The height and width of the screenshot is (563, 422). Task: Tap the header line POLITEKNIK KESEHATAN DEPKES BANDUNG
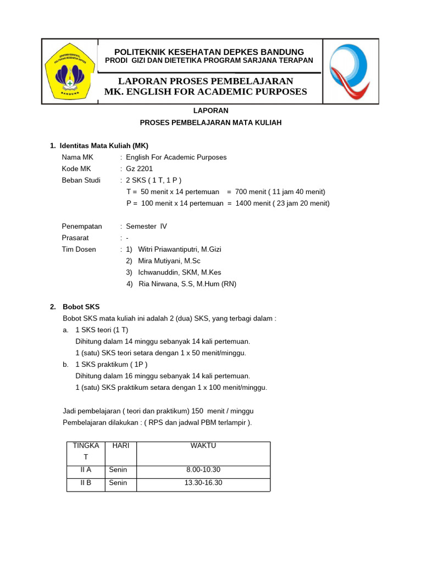pos(208,52)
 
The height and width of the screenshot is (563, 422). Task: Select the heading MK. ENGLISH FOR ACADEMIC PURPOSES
pos(206,92)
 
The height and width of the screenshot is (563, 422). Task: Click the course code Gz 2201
pos(140,169)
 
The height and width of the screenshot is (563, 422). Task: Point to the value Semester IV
pos(146,226)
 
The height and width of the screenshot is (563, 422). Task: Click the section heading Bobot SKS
pos(81,307)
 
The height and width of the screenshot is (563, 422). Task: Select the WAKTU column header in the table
pos(203,446)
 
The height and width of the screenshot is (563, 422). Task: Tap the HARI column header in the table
pos(120,446)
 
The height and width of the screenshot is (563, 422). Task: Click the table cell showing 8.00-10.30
pos(203,470)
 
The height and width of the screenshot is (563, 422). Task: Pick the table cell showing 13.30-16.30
pos(203,483)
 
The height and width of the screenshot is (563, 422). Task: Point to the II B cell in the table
pos(86,483)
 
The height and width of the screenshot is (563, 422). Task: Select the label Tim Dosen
pos(79,249)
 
